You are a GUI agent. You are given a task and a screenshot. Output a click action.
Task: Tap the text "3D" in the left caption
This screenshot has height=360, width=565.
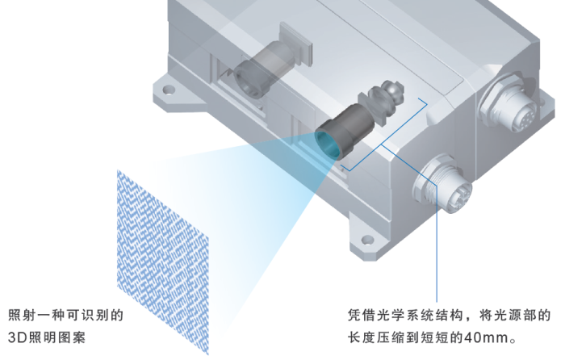(17, 338)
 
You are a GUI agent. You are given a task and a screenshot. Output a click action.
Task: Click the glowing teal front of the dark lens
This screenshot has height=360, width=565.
(327, 144)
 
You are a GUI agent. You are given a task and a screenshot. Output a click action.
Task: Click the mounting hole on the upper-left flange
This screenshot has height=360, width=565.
(168, 90)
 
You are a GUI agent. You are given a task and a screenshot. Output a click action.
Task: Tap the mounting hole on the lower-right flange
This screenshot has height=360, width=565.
(367, 240)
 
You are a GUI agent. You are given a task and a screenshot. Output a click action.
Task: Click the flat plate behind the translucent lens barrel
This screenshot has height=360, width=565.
(296, 44)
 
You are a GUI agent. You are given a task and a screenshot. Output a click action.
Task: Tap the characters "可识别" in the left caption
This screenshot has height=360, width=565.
(88, 316)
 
